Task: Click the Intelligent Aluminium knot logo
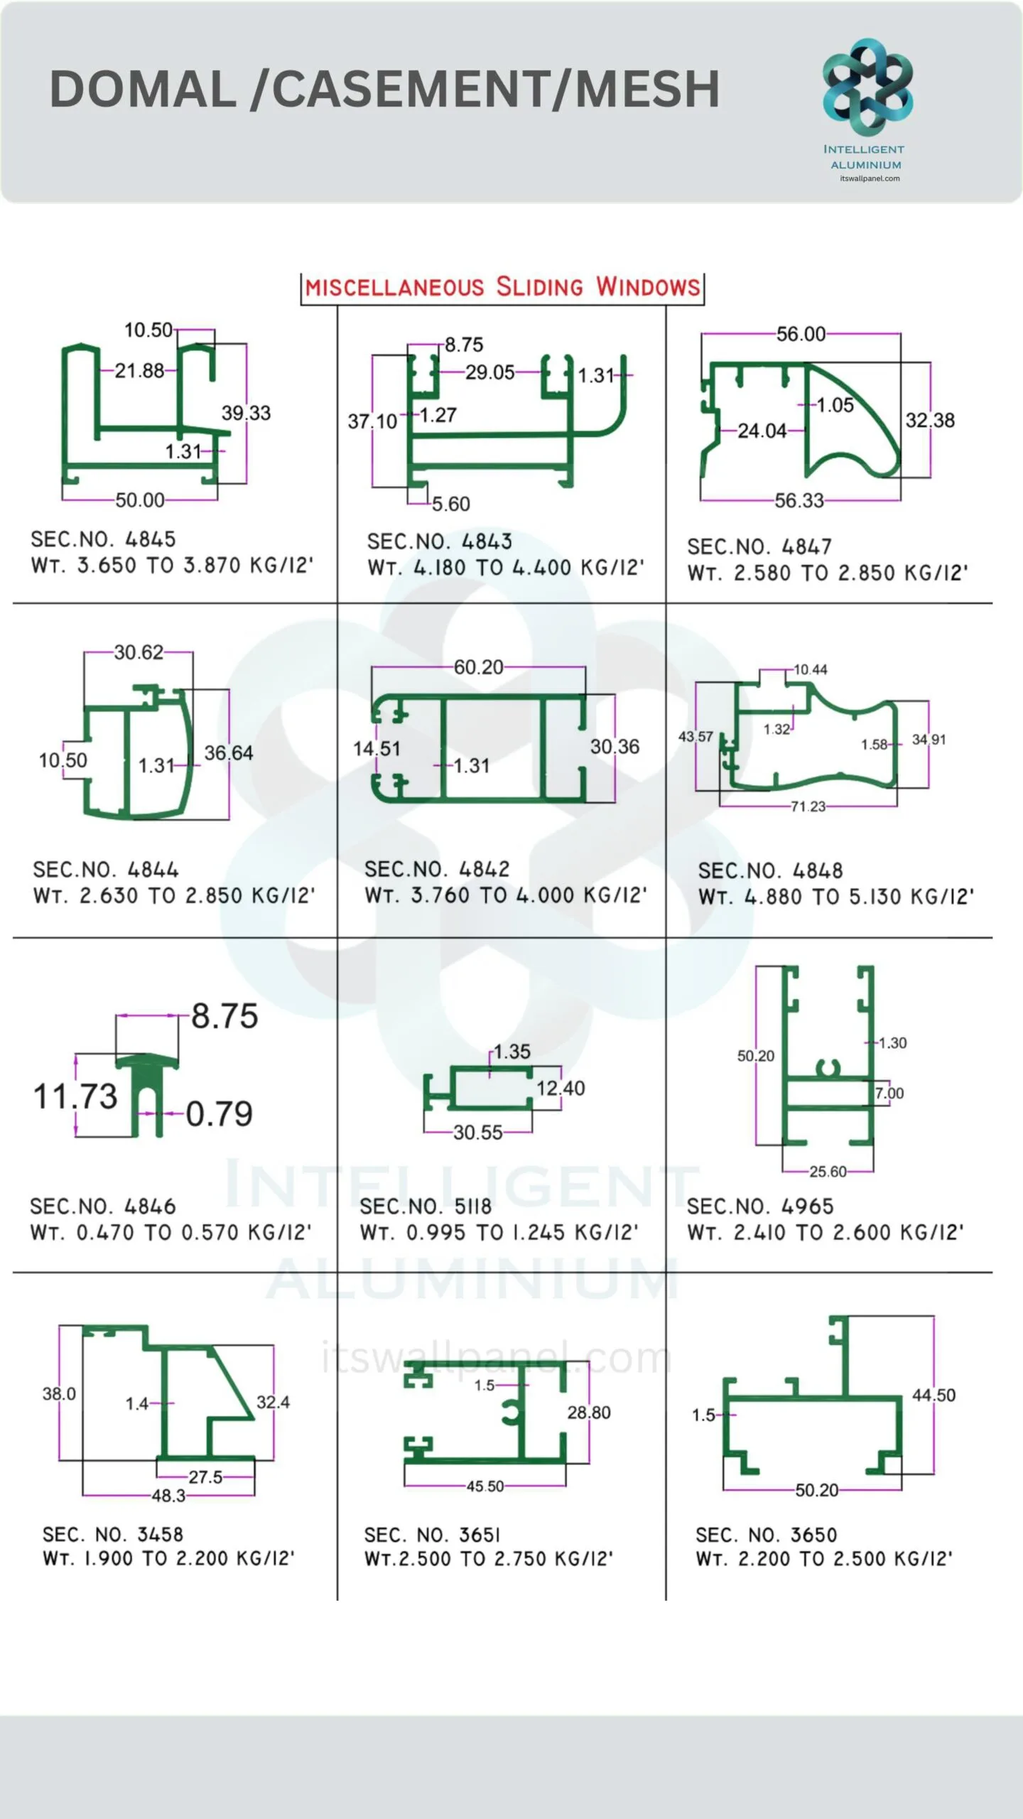point(867,87)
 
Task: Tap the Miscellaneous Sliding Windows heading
point(502,287)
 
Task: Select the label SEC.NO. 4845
point(103,539)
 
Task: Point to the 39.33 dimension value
point(246,413)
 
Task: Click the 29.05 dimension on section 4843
point(490,372)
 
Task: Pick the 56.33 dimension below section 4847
point(799,501)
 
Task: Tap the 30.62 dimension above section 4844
point(139,652)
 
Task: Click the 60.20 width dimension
point(478,667)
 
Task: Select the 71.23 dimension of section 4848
point(808,806)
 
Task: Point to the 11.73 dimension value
point(75,1096)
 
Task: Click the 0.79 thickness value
point(219,1114)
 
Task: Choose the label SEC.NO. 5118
point(426,1206)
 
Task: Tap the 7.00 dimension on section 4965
point(890,1094)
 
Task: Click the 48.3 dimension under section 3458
point(168,1496)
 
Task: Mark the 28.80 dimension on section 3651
point(589,1413)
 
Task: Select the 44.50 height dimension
point(934,1395)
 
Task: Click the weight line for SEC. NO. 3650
point(824,1559)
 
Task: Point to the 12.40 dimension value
point(561,1089)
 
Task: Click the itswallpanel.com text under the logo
point(870,178)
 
